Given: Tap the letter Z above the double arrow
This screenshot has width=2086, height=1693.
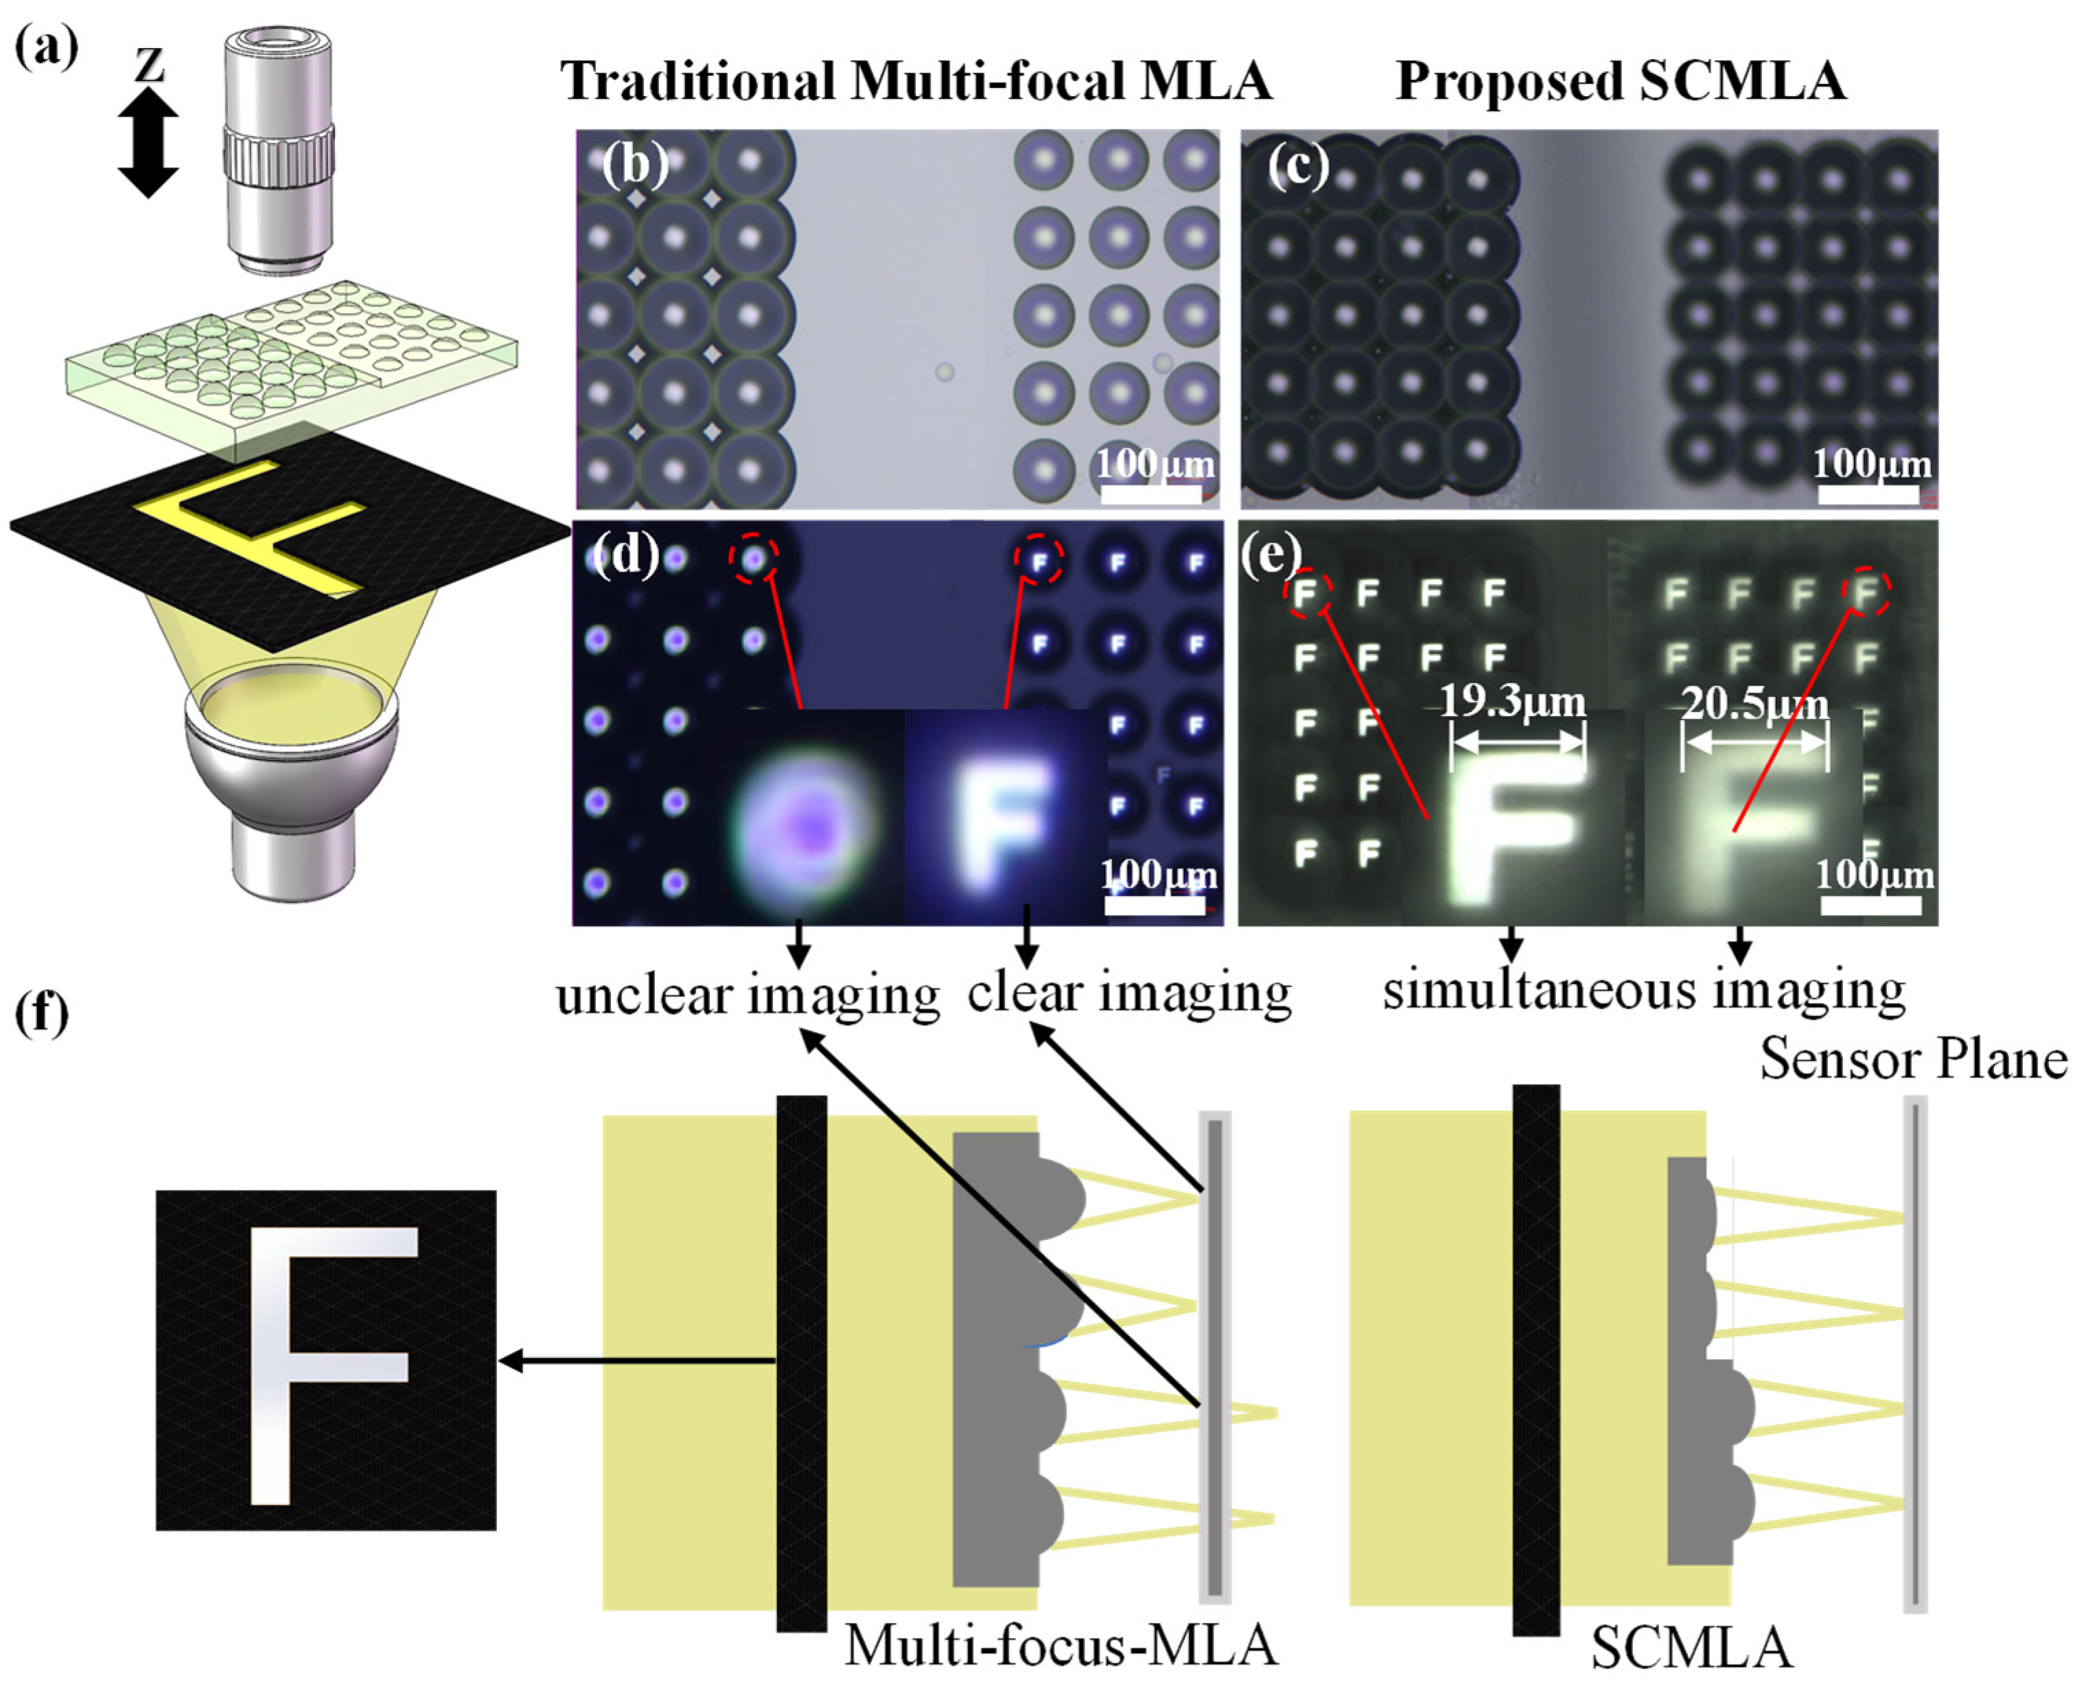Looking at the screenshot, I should point(149,65).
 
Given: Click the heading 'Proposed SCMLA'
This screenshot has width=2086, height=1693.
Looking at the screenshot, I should point(1620,81).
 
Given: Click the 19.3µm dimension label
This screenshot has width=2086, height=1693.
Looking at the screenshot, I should point(1513,700).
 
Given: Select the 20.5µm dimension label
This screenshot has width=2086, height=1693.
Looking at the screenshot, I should point(1755,703).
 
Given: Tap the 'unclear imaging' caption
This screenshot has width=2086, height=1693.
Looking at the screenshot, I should point(747,995).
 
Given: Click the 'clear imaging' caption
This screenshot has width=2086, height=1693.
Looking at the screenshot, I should point(1128,993).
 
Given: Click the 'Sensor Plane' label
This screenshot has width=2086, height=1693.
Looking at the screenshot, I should point(1914,1060).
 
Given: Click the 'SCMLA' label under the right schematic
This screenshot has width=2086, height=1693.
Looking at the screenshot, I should point(1692,1648).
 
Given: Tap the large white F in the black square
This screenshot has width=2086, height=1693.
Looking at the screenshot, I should point(327,1361).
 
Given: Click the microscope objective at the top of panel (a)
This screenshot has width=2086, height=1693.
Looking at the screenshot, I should point(279,151).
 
